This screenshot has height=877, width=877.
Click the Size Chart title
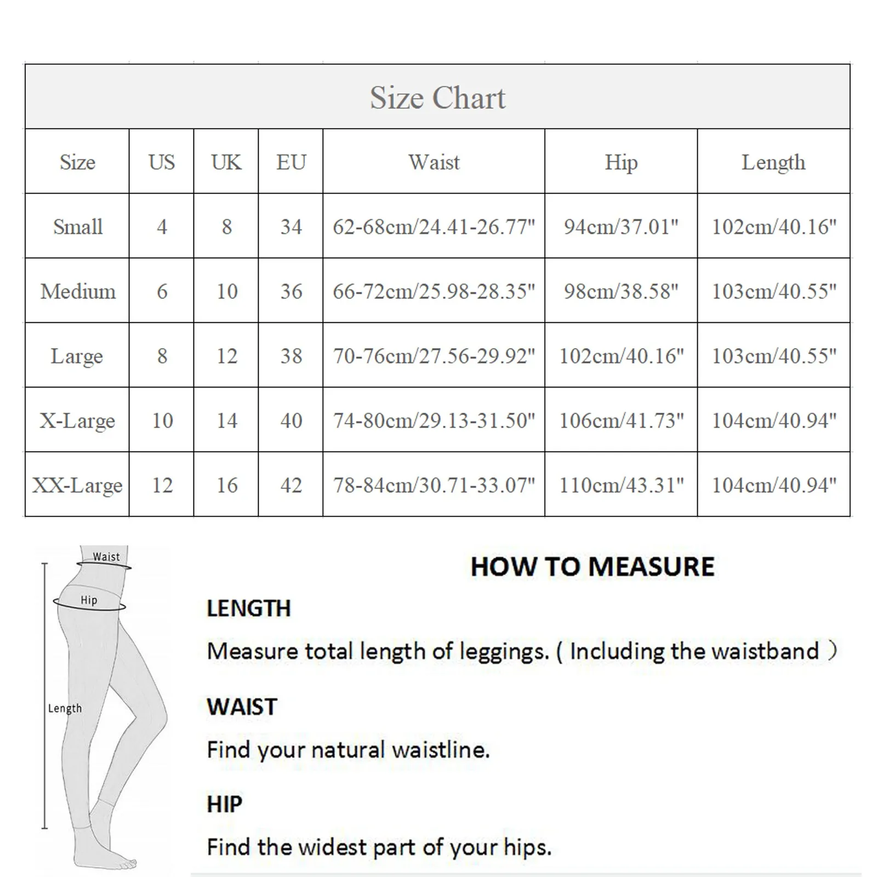[x=437, y=98]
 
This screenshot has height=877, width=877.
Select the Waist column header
[x=434, y=162]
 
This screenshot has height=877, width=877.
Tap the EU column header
[x=291, y=162]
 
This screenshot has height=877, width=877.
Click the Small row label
[x=77, y=226]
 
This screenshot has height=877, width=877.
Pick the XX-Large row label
[x=77, y=485]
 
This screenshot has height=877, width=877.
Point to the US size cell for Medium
[x=162, y=291]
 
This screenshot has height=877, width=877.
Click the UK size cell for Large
[x=226, y=356]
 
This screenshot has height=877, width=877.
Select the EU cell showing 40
[x=291, y=420]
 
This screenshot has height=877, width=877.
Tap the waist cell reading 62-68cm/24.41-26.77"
[x=434, y=226]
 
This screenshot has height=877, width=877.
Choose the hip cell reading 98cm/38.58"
[x=621, y=291]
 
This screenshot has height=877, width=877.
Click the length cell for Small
[x=773, y=226]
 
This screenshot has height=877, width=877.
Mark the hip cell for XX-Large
[x=621, y=485]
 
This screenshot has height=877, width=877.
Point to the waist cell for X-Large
[x=434, y=420]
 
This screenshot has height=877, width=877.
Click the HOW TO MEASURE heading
[x=593, y=567]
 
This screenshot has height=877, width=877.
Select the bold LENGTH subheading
[x=248, y=608]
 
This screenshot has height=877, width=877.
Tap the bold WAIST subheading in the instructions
[x=242, y=707]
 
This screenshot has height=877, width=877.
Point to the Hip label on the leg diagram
[x=89, y=600]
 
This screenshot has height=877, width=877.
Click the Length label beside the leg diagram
[x=65, y=708]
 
